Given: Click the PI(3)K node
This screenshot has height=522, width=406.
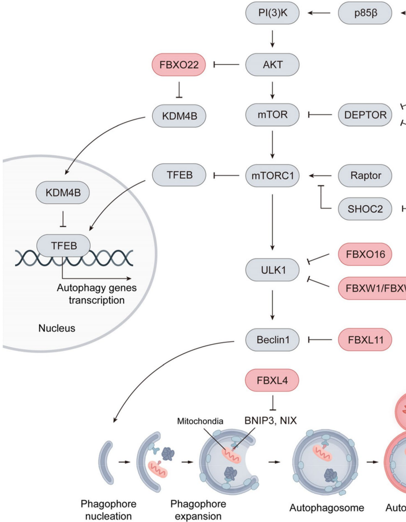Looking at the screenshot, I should tap(272, 13).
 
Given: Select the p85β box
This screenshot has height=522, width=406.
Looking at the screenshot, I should tap(364, 13).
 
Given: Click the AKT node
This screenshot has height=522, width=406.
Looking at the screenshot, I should tap(272, 65).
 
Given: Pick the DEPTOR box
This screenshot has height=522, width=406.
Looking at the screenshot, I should tap(364, 115).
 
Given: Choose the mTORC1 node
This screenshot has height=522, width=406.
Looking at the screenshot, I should tap(272, 174).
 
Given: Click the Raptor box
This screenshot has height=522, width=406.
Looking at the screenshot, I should tap(364, 174).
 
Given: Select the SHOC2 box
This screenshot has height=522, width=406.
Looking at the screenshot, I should tap(364, 207).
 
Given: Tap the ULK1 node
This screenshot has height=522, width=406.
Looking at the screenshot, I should tap(272, 269).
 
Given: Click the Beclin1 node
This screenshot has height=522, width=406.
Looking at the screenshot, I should tap(272, 340).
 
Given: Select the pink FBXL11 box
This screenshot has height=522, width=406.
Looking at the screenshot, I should tap(364, 340).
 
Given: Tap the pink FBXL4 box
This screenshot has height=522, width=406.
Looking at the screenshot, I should tap(272, 381).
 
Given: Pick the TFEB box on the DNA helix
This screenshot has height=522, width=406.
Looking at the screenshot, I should tap(64, 245).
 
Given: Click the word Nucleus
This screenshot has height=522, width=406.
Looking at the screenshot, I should tap(57, 329).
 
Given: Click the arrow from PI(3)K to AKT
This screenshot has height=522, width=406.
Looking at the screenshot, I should tap(272, 39).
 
